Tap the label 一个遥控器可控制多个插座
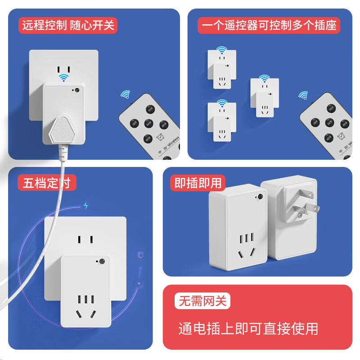269,25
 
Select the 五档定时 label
47,183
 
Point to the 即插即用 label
198,183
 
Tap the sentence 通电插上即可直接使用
248,328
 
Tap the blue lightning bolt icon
86,206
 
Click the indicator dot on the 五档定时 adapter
102,261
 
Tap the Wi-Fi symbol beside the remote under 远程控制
125,94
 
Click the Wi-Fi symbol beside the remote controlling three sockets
304,95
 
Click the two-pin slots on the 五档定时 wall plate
85,239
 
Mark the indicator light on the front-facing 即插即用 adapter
260,197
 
